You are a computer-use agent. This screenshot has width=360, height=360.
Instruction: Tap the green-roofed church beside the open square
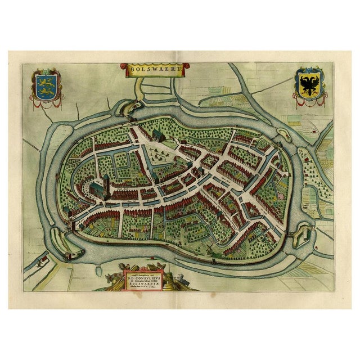(x=158, y=135)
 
